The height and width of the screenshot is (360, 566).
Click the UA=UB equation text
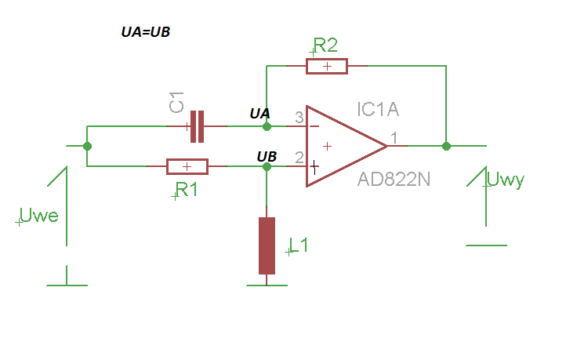click(x=146, y=32)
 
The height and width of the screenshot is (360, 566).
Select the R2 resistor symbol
click(x=327, y=66)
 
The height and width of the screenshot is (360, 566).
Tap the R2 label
click(x=325, y=45)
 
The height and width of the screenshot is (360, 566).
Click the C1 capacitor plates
click(x=197, y=126)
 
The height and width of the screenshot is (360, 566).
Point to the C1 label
click(x=176, y=102)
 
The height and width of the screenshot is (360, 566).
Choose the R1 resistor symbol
click(x=187, y=166)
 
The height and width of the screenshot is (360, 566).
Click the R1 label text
click(x=187, y=190)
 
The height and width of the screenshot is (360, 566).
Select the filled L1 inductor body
click(x=267, y=246)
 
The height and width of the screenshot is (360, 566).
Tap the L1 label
click(x=299, y=245)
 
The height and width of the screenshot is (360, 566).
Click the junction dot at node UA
click(x=267, y=126)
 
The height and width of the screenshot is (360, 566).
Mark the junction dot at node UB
click(x=267, y=166)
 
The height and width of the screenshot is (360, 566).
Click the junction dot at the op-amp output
click(x=446, y=146)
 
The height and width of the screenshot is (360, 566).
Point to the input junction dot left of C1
click(x=87, y=146)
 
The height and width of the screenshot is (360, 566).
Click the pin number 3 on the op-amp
click(x=299, y=118)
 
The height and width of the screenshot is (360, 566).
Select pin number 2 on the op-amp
click(x=299, y=158)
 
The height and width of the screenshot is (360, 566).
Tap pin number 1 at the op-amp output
click(x=394, y=137)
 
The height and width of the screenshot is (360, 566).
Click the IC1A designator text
click(x=378, y=109)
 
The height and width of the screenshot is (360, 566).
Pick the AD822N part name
click(x=394, y=179)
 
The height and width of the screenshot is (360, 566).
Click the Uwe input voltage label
click(x=38, y=215)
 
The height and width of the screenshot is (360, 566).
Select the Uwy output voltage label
click(x=506, y=180)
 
